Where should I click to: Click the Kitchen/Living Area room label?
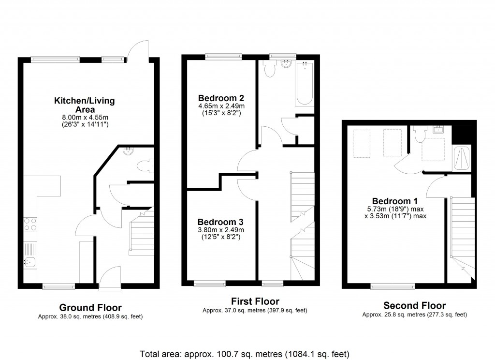point(84,105)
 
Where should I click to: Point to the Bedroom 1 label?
point(395,201)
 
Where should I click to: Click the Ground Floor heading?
point(90,307)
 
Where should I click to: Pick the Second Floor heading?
point(414,305)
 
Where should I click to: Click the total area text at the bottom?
point(244,353)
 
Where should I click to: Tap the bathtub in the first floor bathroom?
point(305,84)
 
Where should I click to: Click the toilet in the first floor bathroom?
point(269,70)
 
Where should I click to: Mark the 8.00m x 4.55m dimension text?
point(84,117)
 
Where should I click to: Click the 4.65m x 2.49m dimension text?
point(221,106)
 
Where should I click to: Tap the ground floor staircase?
point(141,232)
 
